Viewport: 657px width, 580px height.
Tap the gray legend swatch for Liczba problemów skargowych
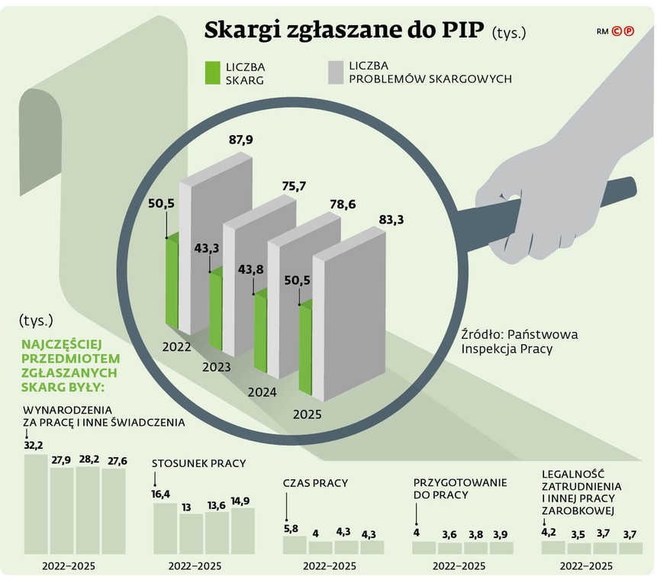point(333,73)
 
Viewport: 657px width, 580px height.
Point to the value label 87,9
point(241,140)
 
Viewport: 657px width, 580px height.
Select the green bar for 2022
point(172,282)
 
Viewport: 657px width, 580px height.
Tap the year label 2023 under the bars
point(217,367)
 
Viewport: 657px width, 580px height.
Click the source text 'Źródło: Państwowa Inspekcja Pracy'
point(519,341)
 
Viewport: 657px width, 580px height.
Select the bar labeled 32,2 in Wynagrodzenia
point(36,504)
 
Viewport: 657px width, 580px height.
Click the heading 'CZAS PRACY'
point(315,483)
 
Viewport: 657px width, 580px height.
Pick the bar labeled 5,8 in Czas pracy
point(295,544)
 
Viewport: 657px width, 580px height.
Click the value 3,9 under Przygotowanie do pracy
point(501,533)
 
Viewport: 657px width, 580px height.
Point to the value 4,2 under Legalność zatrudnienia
point(550,532)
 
